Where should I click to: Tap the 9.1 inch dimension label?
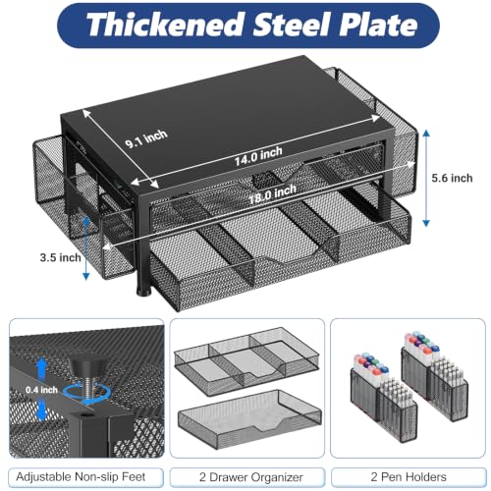(146, 138)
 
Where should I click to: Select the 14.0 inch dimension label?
(258, 156)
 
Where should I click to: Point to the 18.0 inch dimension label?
(272, 194)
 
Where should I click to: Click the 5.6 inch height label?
(452, 178)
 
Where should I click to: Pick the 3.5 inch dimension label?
(61, 257)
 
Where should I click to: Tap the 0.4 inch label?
(41, 390)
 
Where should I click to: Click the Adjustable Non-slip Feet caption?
(81, 476)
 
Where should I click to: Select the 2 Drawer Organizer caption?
(251, 477)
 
